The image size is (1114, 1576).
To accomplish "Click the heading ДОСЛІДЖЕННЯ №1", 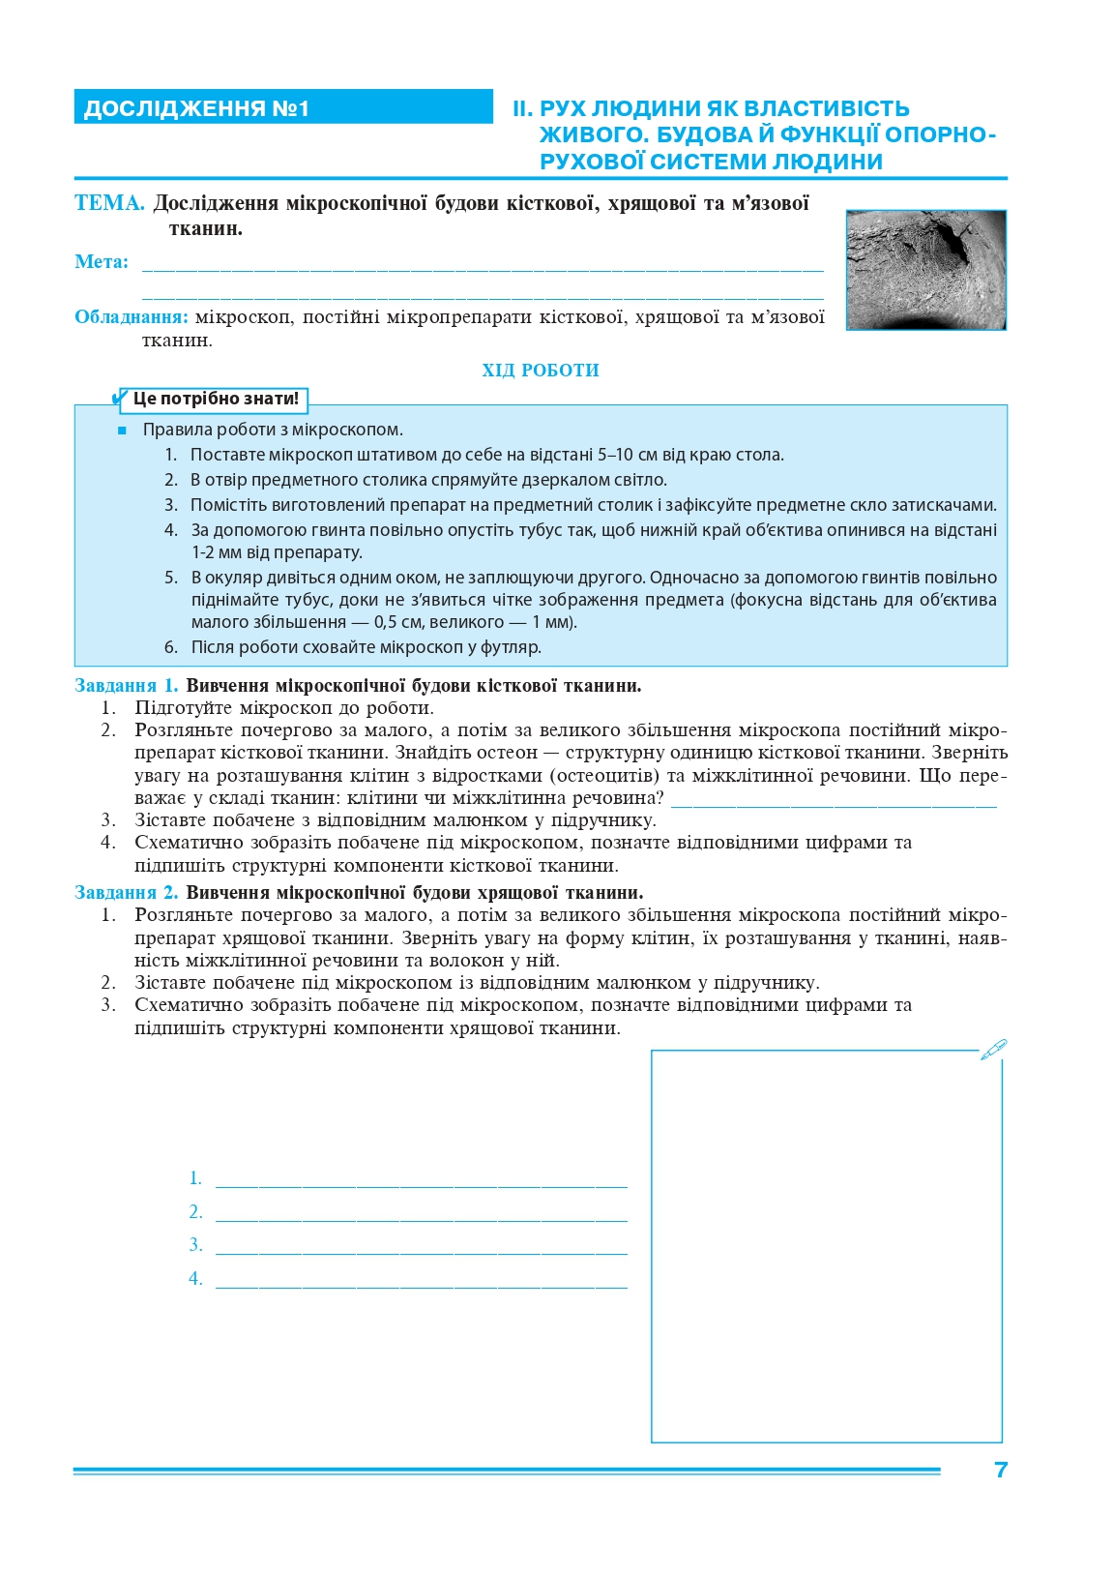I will (196, 108).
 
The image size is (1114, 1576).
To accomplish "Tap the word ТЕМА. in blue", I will (109, 203).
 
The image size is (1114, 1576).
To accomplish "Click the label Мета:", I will (102, 262).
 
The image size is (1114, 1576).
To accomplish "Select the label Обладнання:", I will (132, 317).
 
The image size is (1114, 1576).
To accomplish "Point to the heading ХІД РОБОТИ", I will (541, 371).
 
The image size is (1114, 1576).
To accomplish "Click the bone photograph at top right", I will (925, 270).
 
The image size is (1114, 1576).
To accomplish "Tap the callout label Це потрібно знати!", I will (215, 399).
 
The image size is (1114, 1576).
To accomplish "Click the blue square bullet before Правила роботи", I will (122, 431).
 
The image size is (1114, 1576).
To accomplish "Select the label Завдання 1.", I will (127, 686).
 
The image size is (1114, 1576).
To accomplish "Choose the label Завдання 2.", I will (127, 893).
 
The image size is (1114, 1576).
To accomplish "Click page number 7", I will (1001, 1470).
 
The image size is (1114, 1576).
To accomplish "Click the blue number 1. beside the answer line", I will (195, 1178).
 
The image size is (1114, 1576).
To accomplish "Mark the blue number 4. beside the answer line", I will (195, 1279).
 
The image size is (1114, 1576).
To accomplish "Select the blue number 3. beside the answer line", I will (195, 1245).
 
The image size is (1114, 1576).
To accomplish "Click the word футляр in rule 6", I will (513, 647).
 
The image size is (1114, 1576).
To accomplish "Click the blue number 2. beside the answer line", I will (195, 1212).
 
